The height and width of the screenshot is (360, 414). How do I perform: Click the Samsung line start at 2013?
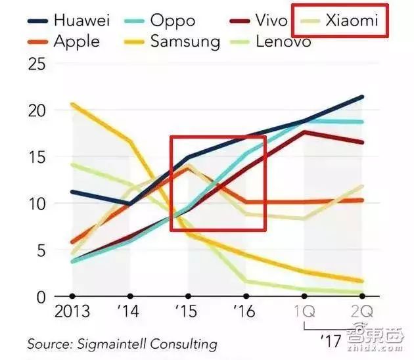tap(72, 104)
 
